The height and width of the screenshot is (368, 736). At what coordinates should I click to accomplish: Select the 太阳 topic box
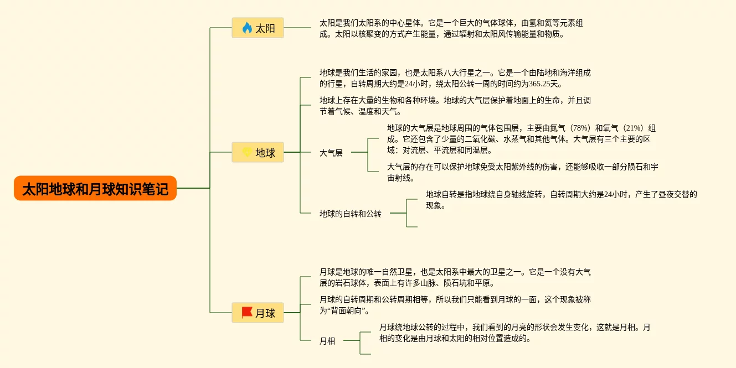point(258,28)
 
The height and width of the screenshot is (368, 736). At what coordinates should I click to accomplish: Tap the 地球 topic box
point(258,152)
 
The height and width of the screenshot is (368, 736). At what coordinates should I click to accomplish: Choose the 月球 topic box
point(258,313)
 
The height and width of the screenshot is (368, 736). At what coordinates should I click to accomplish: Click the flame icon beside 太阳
point(247,28)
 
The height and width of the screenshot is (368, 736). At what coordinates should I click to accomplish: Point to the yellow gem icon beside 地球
point(247,152)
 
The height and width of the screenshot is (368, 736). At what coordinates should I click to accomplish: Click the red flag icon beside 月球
point(247,313)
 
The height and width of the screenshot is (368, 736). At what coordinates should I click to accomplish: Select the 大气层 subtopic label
point(331,153)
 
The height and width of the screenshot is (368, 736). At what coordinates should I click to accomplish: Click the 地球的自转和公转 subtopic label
point(351,213)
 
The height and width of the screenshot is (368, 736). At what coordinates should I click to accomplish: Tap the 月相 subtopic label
point(327,341)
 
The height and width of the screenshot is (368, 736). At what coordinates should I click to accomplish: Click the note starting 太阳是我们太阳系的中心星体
point(451,28)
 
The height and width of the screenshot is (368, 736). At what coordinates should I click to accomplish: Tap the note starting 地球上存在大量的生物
point(455,106)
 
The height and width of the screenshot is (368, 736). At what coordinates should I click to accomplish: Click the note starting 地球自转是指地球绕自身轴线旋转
point(561,200)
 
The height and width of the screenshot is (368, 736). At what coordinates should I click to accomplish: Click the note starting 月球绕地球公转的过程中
point(514,333)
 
